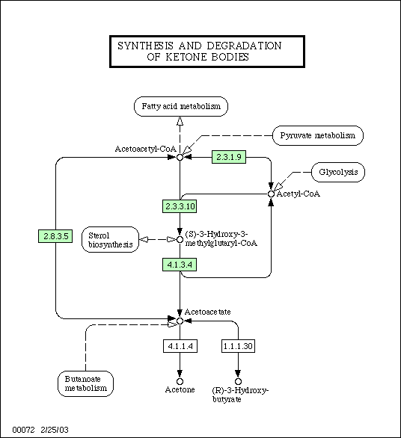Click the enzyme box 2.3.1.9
pos(229,157)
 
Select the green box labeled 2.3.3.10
pos(180,206)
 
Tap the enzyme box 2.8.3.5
pos(55,236)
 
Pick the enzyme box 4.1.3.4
pos(180,265)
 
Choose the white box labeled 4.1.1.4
pos(180,346)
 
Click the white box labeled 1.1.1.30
pos(238,346)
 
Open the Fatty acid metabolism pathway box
pos(181,106)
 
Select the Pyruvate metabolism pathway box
pos(318,135)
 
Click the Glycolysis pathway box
pos(338,172)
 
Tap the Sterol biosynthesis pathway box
pos(111,240)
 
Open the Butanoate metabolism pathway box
pos(85,383)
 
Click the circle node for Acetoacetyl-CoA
pos(180,157)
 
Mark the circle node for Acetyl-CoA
pos(271,194)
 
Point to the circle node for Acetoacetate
pos(180,321)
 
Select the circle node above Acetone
pos(180,381)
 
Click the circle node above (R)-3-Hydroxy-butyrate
pos(238,381)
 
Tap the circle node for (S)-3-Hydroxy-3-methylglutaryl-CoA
pos(180,239)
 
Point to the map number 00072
pos(23,430)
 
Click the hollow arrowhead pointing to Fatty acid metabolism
pos(180,121)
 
